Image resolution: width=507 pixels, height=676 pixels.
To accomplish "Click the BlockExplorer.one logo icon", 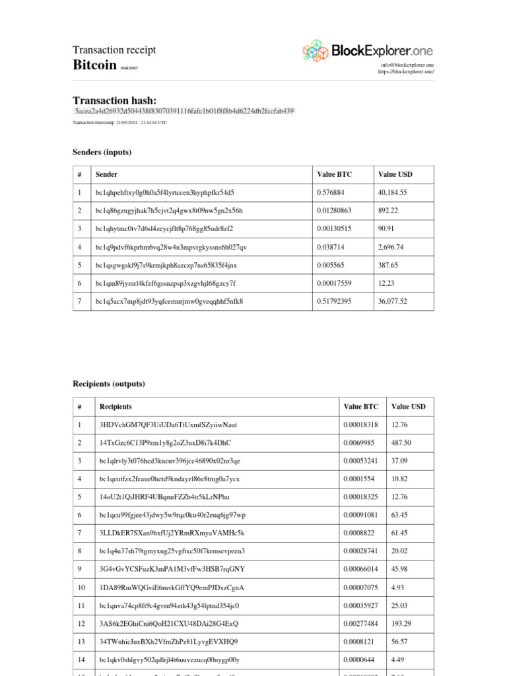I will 315,50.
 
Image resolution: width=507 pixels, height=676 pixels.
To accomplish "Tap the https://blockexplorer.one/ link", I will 406,72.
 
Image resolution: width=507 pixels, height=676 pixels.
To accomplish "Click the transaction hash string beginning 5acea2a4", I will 184,111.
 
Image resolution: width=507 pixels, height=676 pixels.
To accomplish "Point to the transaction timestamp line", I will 119,123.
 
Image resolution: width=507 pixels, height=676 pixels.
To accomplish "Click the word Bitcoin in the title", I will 94,65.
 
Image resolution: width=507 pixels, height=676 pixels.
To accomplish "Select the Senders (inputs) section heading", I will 102,152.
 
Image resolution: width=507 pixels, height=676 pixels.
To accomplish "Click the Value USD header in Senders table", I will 395,175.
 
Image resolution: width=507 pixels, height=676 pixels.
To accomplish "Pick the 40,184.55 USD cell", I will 392,193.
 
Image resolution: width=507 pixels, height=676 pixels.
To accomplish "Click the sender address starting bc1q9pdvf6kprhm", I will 171,247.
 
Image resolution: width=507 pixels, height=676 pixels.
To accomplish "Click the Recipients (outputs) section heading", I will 108,384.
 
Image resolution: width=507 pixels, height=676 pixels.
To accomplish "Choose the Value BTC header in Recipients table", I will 360,407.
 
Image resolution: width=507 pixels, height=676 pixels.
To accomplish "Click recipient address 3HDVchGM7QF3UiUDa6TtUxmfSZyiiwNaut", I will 168,424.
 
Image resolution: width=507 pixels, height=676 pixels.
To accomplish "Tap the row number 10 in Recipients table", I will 82,588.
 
